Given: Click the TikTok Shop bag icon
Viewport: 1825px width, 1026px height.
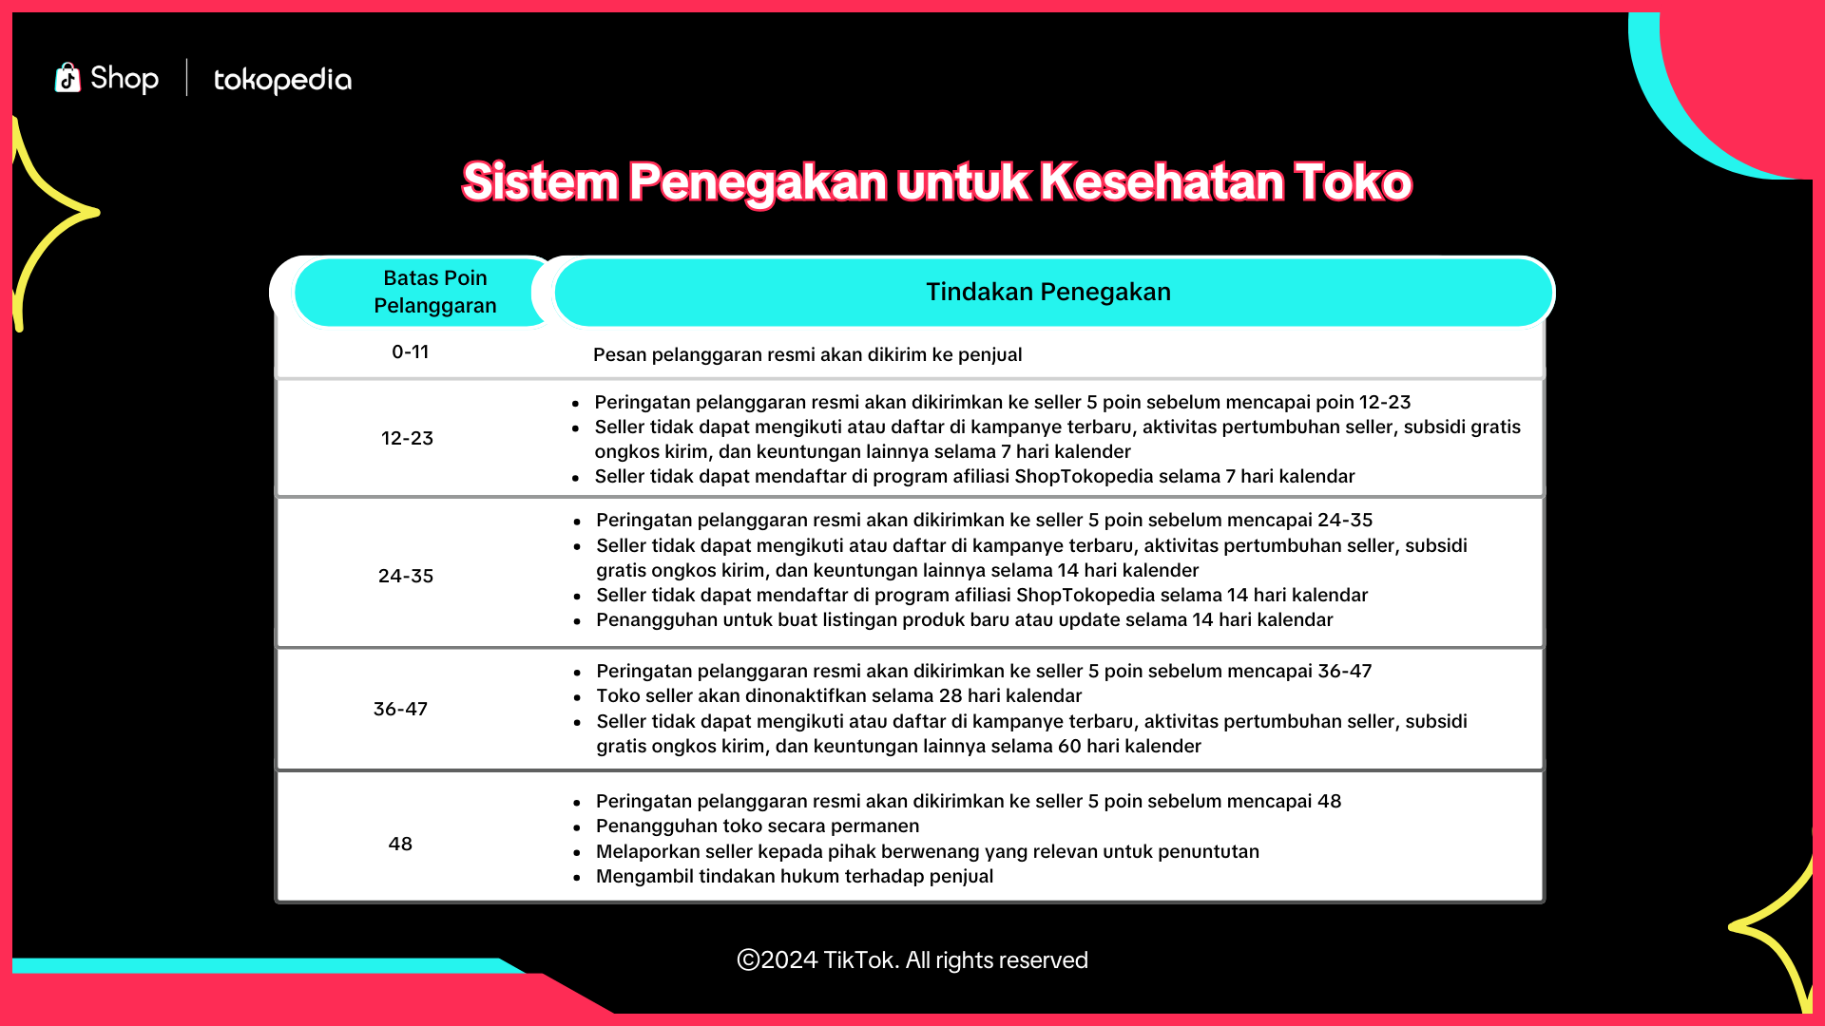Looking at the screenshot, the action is click(67, 78).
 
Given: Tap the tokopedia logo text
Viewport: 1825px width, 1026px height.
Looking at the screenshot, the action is click(282, 80).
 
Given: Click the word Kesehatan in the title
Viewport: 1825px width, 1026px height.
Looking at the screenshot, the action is click(1161, 181).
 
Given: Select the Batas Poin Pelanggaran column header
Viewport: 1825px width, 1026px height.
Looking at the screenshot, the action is click(435, 292).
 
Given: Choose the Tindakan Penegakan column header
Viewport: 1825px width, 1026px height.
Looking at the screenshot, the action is click(1048, 292).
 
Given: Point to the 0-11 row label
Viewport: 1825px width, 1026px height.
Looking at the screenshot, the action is click(411, 351).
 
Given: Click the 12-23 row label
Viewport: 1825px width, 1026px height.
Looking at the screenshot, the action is click(407, 438).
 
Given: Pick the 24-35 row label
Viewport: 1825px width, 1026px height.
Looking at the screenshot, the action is click(406, 576).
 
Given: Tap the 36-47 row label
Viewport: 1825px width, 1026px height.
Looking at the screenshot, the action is click(400, 709).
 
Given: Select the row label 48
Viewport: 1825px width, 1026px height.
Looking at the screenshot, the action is click(400, 844).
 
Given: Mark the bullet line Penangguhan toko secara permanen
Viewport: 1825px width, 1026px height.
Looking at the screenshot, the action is click(758, 826).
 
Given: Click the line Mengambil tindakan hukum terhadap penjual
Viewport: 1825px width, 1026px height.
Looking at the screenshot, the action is click(795, 876).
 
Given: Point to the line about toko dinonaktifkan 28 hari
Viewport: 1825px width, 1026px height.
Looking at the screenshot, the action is click(839, 695).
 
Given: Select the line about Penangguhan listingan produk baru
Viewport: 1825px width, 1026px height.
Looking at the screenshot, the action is click(965, 619).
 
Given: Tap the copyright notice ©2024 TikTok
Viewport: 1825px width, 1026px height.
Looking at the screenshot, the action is click(912, 959).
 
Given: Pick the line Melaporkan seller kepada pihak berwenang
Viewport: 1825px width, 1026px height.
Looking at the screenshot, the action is click(928, 851).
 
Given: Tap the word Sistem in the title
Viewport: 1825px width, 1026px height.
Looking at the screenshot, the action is click(540, 181).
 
